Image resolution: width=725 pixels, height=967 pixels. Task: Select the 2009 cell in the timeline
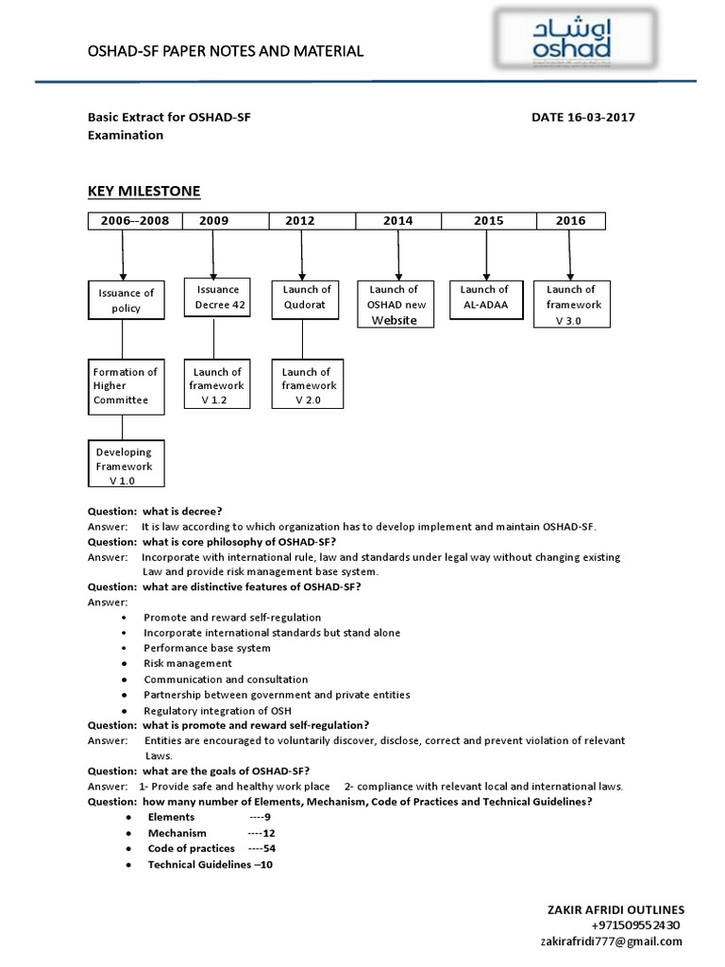(x=214, y=221)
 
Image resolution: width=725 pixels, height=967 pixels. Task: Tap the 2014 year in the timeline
(x=397, y=221)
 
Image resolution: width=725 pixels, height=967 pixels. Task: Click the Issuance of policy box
(x=126, y=299)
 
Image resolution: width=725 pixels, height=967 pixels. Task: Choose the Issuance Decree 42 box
(x=218, y=297)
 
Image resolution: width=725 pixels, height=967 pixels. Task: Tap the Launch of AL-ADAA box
(x=484, y=297)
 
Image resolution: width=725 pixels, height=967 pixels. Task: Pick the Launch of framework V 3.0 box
(x=571, y=304)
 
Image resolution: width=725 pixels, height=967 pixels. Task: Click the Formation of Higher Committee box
(x=126, y=385)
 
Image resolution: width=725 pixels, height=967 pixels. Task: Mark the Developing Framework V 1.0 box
(x=126, y=467)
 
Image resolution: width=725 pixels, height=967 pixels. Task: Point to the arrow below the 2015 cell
(x=485, y=253)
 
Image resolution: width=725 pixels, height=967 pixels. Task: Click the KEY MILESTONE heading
(x=144, y=191)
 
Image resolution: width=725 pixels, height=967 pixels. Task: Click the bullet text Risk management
(x=188, y=663)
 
